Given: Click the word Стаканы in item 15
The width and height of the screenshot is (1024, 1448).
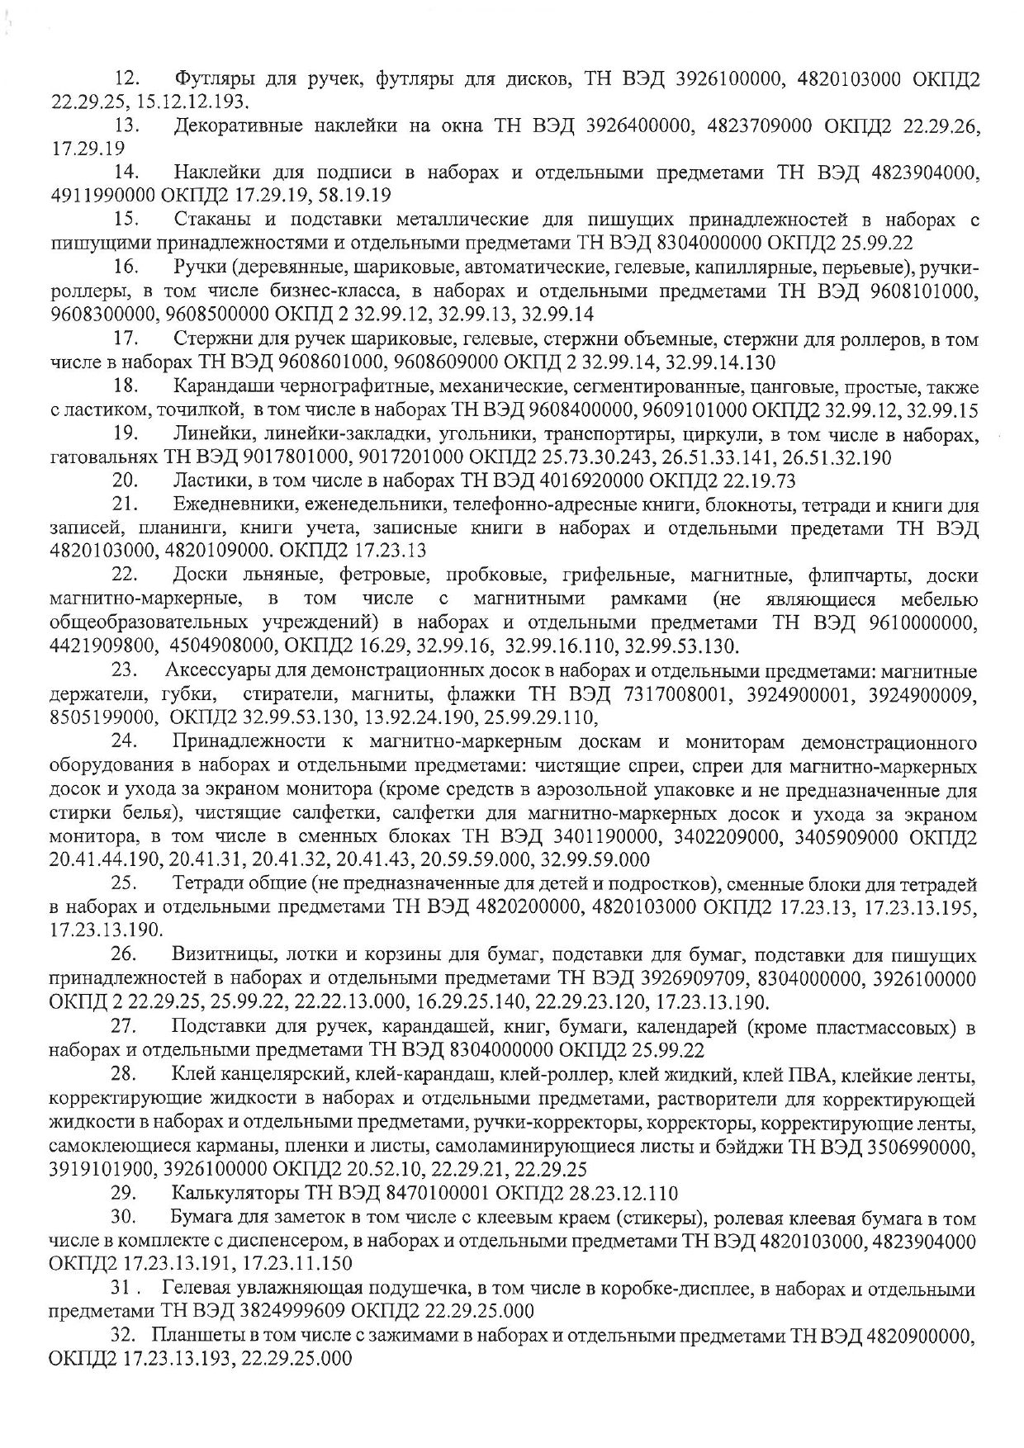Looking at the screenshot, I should pyautogui.click(x=210, y=220).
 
